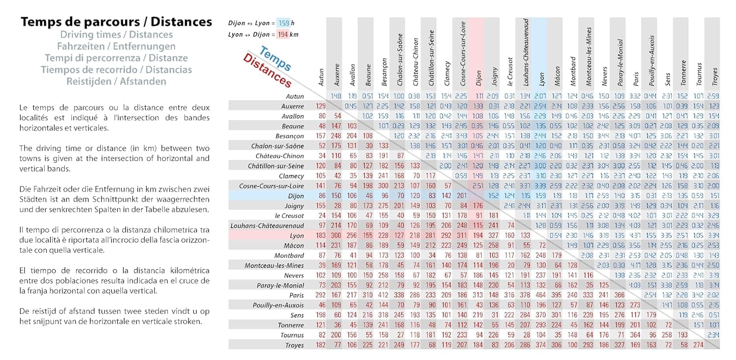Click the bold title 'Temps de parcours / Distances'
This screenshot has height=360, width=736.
point(116,22)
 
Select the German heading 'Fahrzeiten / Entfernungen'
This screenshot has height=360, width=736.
point(116,47)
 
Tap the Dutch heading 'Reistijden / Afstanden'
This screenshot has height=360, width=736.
point(116,81)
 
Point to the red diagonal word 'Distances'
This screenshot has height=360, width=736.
point(267,71)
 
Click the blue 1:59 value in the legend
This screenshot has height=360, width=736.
point(284,23)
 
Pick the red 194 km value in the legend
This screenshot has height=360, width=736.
point(282,34)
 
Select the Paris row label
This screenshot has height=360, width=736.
point(296,295)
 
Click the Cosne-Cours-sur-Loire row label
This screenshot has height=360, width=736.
point(271,186)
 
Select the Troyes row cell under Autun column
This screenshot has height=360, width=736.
point(321,345)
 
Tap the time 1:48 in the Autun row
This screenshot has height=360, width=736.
point(337,96)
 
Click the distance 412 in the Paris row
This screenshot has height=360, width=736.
point(384,295)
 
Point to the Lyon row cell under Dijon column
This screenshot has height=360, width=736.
point(478,235)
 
